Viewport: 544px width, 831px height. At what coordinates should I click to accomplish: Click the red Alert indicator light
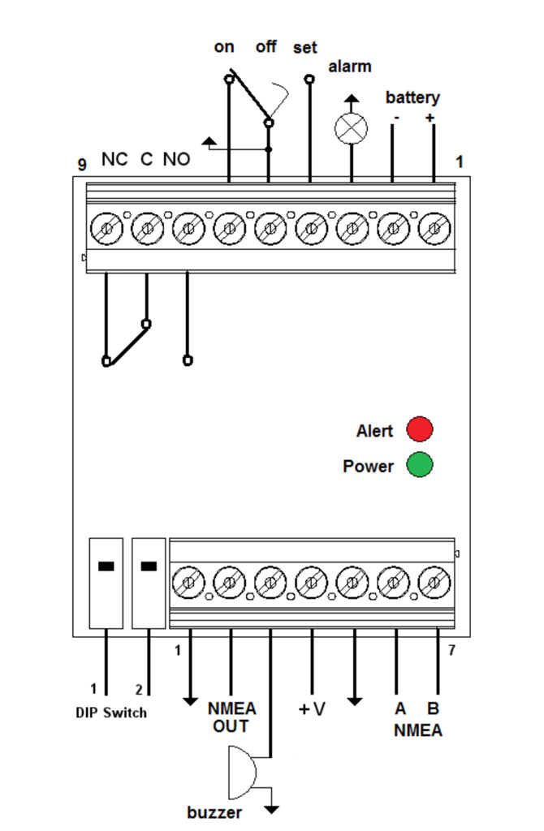(x=420, y=428)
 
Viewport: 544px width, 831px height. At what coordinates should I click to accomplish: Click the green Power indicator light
(x=420, y=465)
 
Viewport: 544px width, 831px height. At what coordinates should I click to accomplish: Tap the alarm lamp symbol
(x=351, y=128)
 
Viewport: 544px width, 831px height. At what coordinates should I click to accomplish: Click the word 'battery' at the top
(x=412, y=98)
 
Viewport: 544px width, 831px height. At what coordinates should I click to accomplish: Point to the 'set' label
(x=305, y=48)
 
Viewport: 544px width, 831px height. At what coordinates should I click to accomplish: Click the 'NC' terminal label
(x=114, y=160)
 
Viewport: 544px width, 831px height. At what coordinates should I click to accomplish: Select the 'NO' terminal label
(x=176, y=160)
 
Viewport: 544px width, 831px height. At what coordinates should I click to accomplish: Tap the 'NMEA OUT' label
(x=231, y=717)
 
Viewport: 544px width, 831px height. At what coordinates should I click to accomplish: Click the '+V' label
(x=312, y=709)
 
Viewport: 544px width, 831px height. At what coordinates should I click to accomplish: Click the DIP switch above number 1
(x=106, y=583)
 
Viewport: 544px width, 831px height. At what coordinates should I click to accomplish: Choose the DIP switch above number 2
(x=148, y=583)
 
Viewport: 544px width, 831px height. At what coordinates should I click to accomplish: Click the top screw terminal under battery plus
(x=434, y=229)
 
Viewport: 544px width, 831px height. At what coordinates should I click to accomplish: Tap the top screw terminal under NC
(x=106, y=229)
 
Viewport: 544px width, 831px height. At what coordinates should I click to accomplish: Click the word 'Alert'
(x=374, y=430)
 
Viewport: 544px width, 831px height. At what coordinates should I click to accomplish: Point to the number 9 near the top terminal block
(x=82, y=165)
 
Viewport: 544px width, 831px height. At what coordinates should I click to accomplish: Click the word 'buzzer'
(x=214, y=812)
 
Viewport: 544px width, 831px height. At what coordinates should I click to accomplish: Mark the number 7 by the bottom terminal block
(x=451, y=650)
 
